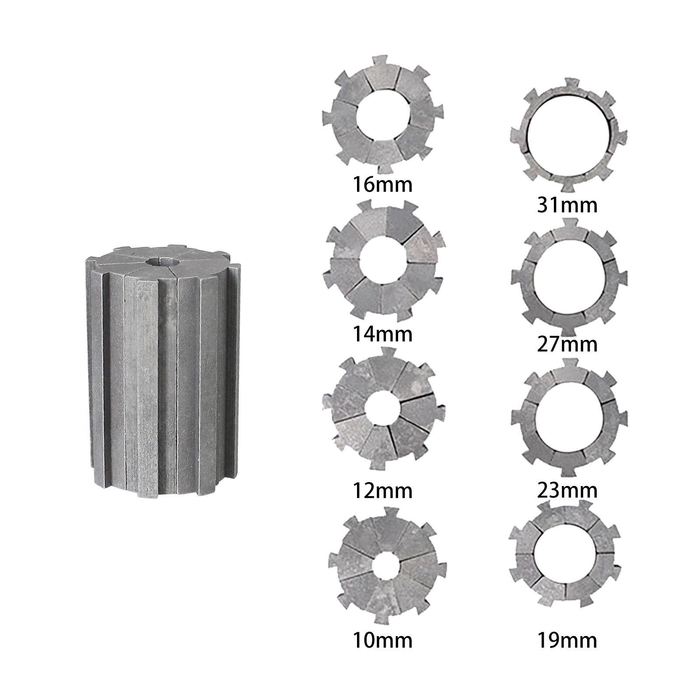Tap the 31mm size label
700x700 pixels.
[x=567, y=205]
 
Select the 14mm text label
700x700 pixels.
[x=382, y=334]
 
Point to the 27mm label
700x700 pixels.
[x=567, y=344]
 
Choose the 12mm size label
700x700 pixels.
[x=382, y=491]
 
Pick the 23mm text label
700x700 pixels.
[x=567, y=490]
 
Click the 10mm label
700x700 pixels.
[x=382, y=640]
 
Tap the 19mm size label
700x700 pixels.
[x=567, y=640]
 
